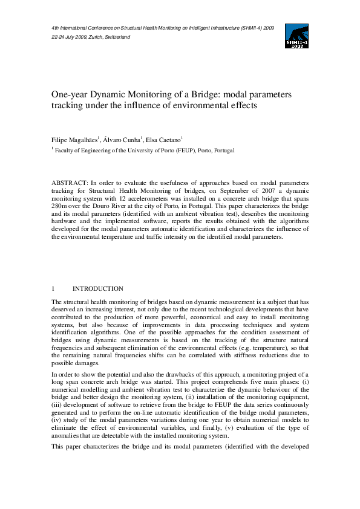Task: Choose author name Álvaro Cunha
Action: click(x=126, y=140)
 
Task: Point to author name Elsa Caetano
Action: click(x=171, y=140)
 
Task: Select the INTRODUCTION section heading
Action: click(x=98, y=289)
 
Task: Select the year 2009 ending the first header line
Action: click(x=269, y=28)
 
